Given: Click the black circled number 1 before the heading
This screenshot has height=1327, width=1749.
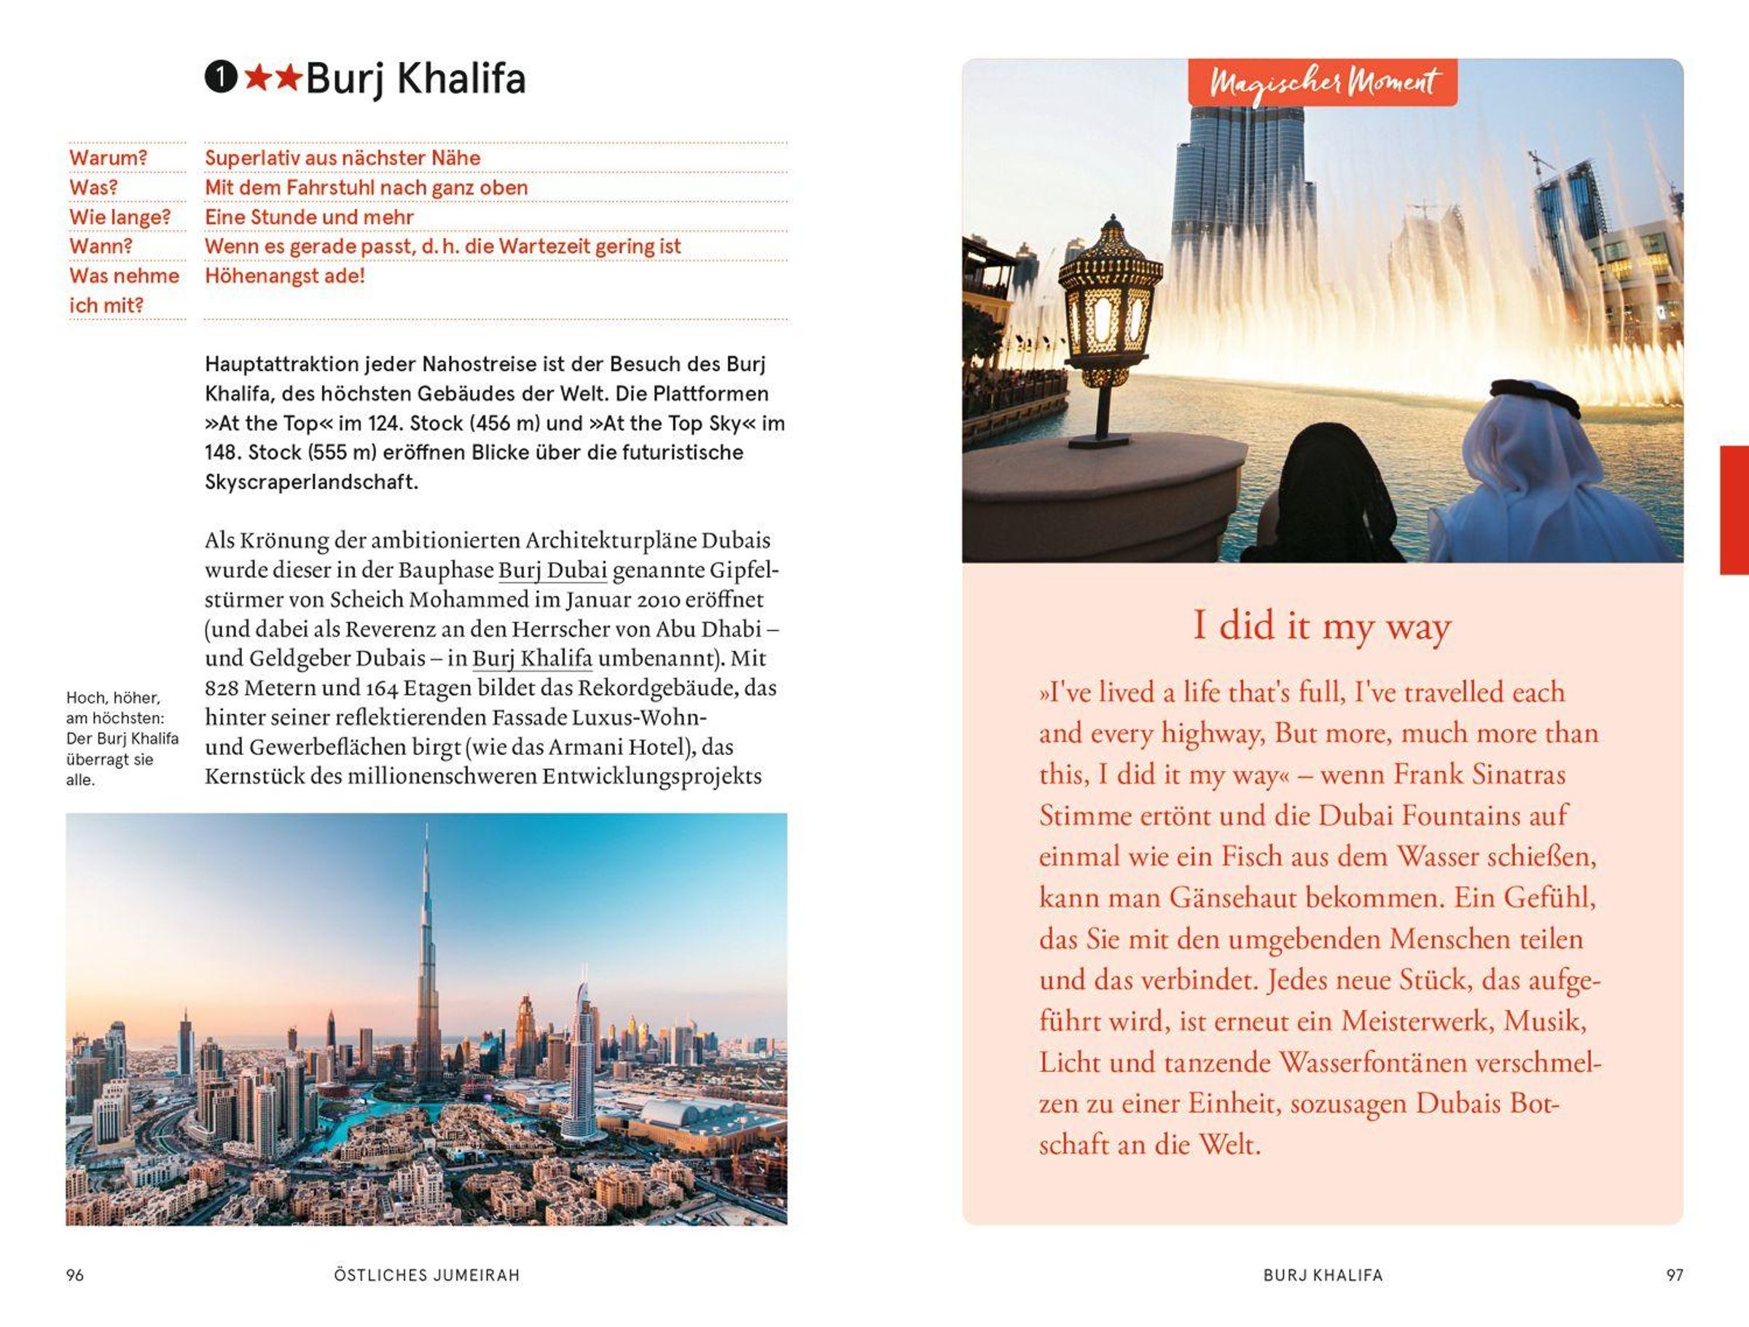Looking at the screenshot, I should pos(221,77).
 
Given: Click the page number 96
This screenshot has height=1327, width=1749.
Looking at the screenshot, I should pos(75,1275).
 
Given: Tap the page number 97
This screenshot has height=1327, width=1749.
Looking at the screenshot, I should pos(1675,1275).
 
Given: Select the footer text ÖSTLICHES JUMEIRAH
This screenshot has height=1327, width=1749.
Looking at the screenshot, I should pos(427,1275).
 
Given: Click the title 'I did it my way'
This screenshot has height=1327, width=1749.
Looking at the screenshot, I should pos(1322,626).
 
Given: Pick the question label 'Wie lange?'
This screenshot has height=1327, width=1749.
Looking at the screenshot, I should pos(120,216).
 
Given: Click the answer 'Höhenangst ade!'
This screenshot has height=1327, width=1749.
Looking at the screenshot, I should pos(285,276).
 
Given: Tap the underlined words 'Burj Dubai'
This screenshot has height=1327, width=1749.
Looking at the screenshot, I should pos(552,570).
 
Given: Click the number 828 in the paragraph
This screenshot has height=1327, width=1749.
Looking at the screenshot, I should pos(222,688).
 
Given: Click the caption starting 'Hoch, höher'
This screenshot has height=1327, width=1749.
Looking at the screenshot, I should pos(122,738).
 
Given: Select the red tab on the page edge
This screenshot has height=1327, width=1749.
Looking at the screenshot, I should pos(1734,509).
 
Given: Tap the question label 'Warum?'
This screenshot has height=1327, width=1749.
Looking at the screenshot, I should pos(109,158).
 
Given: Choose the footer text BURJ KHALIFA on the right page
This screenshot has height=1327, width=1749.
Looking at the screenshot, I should pos(1323,1275).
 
